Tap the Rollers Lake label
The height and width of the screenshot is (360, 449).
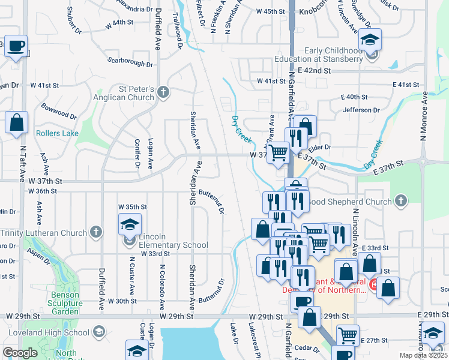click(x=57, y=133)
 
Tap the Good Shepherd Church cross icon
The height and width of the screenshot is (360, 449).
click(x=401, y=202)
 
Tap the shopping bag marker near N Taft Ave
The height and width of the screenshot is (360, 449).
click(x=16, y=122)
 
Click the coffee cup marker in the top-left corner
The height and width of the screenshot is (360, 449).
click(x=16, y=46)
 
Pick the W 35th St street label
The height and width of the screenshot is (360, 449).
click(x=133, y=206)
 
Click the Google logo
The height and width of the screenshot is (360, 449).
click(x=20, y=353)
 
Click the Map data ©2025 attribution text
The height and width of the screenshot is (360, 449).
click(x=423, y=355)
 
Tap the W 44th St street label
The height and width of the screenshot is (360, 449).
click(x=118, y=22)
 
